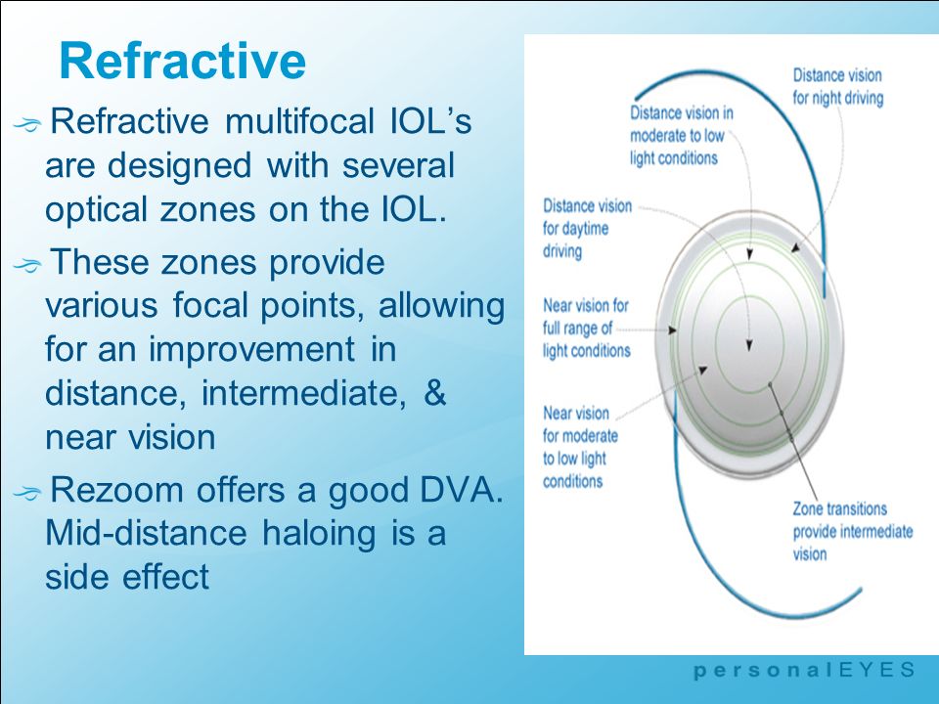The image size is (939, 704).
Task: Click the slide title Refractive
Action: click(x=183, y=61)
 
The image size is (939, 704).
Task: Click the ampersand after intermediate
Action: click(x=434, y=393)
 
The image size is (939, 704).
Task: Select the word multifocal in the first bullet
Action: click(x=299, y=121)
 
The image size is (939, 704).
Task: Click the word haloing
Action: click(x=319, y=534)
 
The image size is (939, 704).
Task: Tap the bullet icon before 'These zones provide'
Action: click(x=27, y=264)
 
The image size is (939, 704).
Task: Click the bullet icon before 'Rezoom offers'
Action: click(x=27, y=493)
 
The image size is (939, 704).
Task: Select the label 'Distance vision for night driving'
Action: click(x=838, y=87)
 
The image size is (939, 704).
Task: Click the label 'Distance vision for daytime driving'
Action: click(x=587, y=229)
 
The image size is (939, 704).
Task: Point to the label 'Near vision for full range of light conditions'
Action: click(x=586, y=329)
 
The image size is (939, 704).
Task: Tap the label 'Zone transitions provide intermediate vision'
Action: click(x=853, y=531)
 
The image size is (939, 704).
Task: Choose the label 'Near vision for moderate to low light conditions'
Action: click(x=580, y=447)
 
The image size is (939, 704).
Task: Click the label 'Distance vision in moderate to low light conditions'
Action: click(x=682, y=135)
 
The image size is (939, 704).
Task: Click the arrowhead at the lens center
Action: click(x=749, y=345)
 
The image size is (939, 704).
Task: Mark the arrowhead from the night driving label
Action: click(x=795, y=247)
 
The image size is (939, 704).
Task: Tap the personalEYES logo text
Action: click(x=804, y=670)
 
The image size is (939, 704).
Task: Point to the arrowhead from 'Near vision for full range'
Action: click(x=673, y=330)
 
